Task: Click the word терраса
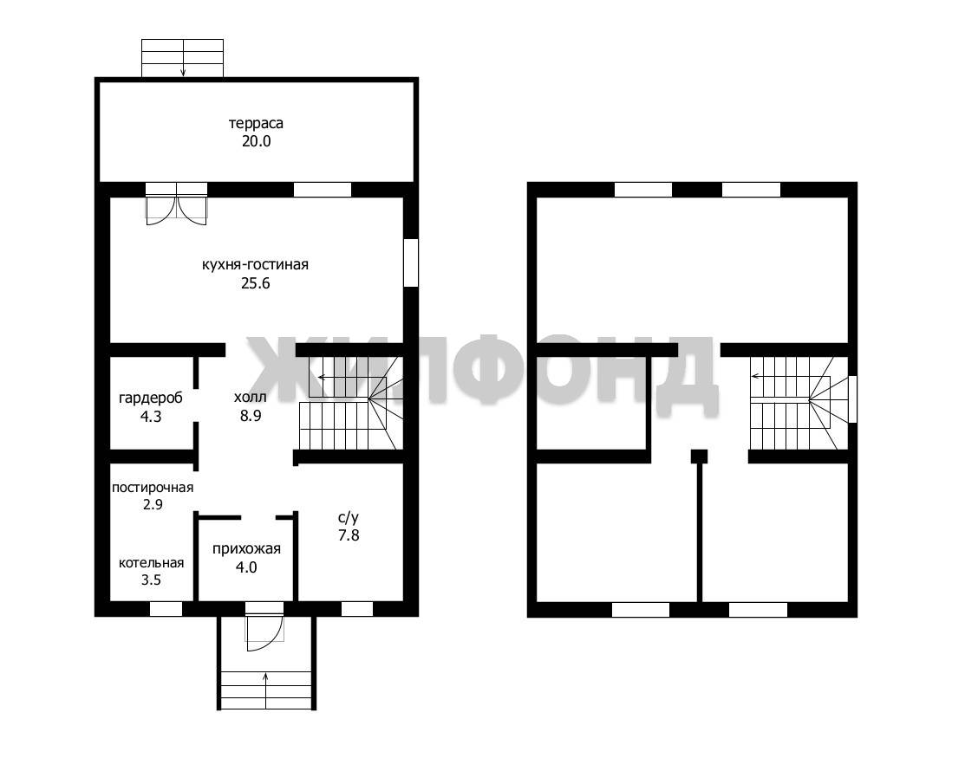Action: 256,124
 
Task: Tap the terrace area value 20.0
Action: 256,141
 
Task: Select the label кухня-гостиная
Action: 255,265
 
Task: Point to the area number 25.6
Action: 256,283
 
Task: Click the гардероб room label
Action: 151,398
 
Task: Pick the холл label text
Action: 251,397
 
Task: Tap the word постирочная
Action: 153,488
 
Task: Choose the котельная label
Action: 152,562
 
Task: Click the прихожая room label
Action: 246,549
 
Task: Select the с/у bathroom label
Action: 349,518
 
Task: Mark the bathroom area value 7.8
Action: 349,535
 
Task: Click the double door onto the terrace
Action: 177,204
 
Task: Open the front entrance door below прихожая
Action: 264,625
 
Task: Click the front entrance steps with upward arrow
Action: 266,690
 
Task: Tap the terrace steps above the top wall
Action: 182,58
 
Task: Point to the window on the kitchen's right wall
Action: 410,262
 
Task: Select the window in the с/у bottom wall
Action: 357,609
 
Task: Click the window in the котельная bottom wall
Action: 166,609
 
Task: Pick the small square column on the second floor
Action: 699,457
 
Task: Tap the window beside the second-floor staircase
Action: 852,399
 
